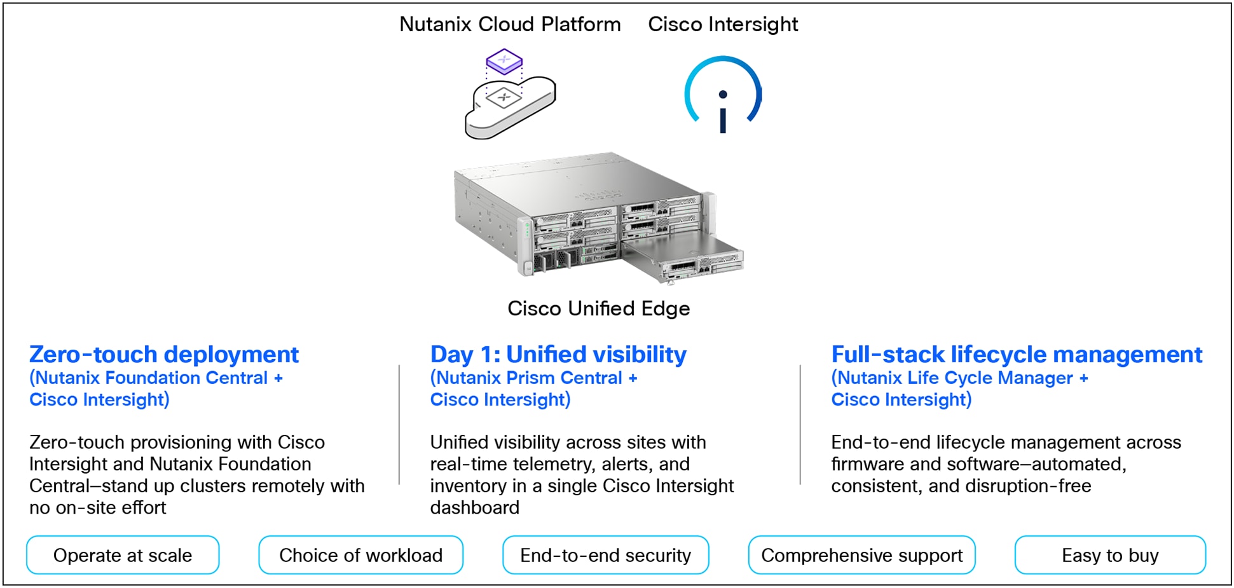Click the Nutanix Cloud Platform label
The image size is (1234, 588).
coord(510,24)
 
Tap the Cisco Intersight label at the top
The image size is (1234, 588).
coord(722,24)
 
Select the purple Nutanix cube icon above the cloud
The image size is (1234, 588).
coord(504,61)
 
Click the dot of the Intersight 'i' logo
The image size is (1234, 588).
coord(723,95)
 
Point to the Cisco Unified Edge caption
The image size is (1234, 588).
coord(598,308)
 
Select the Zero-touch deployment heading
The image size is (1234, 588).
coord(164,354)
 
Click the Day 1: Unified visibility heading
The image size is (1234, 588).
coord(558,354)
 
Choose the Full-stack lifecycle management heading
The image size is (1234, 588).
coord(1017,354)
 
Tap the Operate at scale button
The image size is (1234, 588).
coord(123,555)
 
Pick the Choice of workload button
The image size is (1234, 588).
coord(360,555)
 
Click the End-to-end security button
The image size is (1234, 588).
coord(605,555)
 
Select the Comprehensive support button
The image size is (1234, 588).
coord(861,555)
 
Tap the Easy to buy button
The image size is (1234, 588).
coord(1110,555)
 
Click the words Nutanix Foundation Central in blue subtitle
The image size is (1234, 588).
coord(151,378)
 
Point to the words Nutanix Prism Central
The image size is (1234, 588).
coord(529,378)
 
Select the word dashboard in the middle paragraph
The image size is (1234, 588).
coord(474,507)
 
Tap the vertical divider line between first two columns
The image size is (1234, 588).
coord(399,425)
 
